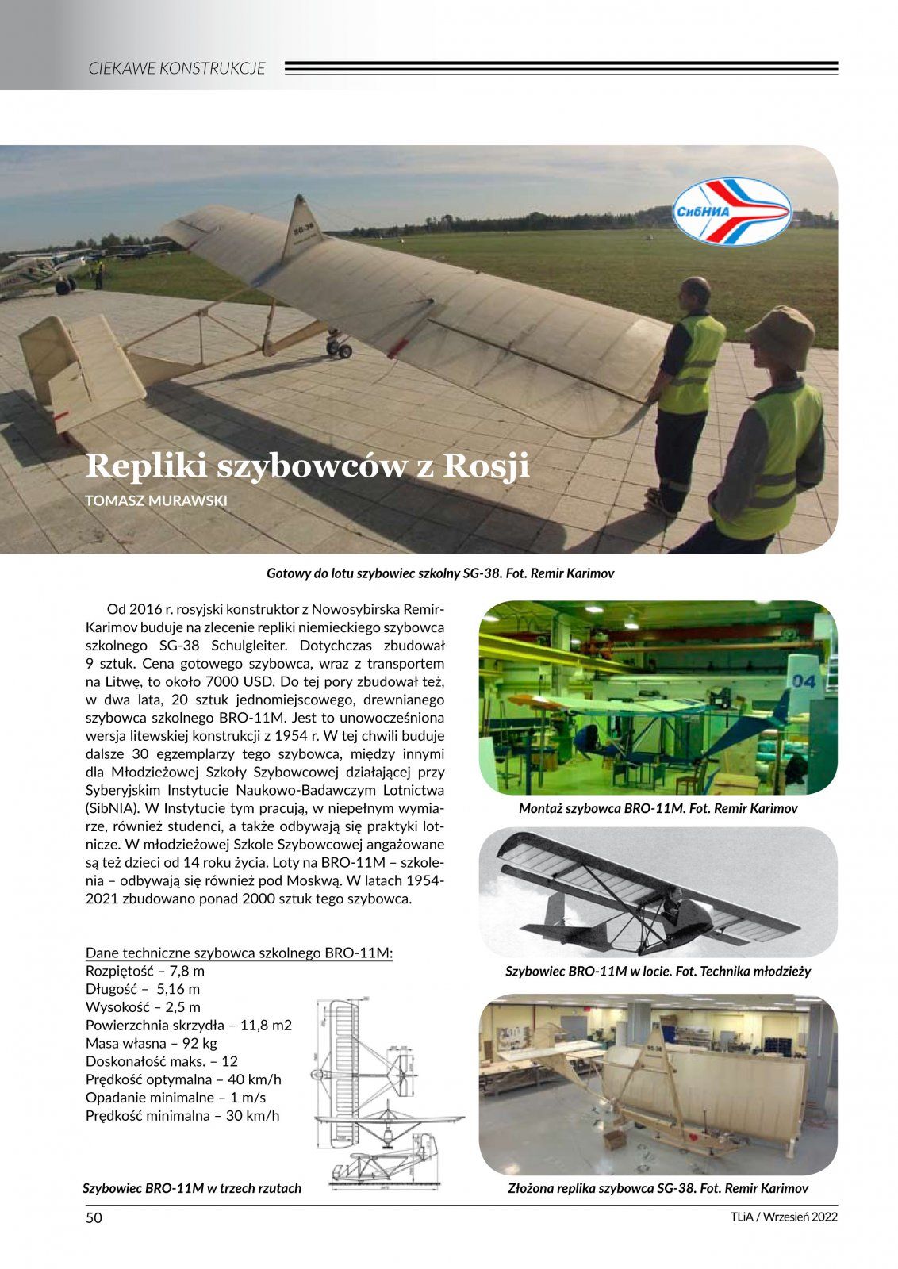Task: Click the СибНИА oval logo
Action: [732, 211]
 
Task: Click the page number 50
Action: [94, 1218]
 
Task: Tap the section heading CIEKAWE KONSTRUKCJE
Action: [177, 68]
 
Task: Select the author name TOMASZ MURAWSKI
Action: [156, 500]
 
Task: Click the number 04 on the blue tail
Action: [803, 681]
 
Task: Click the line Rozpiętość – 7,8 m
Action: [145, 971]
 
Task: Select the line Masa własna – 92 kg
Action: [152, 1043]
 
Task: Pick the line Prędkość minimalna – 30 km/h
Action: [182, 1116]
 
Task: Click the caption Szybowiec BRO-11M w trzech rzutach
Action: [192, 1188]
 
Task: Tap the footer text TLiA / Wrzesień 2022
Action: [784, 1217]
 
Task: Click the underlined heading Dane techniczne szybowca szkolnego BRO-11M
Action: [240, 953]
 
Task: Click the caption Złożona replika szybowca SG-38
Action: [658, 1188]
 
